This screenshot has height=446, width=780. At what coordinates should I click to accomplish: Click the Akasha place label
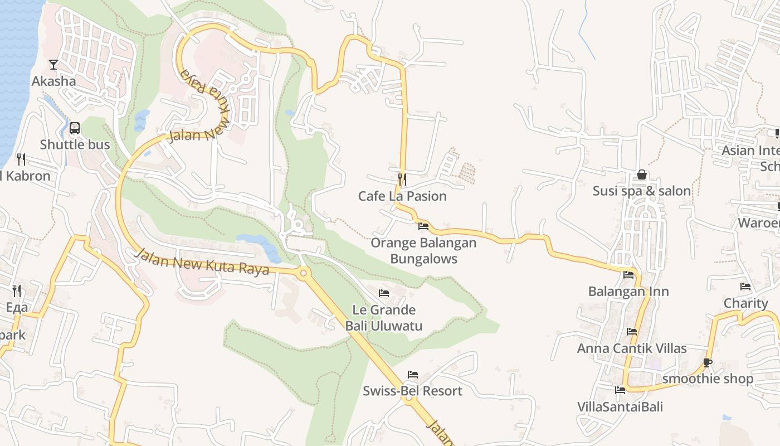coord(53,81)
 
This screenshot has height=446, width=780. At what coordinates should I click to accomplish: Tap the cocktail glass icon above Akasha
coord(53,65)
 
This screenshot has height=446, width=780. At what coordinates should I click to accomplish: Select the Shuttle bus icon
coord(75,129)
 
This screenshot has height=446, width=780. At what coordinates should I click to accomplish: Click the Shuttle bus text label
coord(75,145)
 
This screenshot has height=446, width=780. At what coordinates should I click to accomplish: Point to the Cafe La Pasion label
coord(402,196)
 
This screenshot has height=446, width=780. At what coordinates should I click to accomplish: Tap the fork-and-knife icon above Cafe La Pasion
coord(402,179)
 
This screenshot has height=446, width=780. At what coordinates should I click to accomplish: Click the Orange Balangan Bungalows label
coord(423,251)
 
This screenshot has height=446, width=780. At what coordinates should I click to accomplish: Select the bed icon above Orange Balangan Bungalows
coord(423,226)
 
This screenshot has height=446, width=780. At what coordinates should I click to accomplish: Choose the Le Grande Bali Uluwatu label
coord(384,318)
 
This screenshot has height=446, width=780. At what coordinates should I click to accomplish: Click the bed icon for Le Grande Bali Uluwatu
coord(384,293)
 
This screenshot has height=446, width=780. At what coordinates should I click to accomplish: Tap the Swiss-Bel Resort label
coord(412,391)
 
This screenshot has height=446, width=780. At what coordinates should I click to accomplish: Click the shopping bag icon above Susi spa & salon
coord(642,174)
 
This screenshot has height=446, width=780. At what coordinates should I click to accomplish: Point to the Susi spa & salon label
coord(642,191)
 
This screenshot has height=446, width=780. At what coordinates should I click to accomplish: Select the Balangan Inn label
coord(628,292)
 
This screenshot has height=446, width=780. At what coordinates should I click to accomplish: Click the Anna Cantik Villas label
coord(632,348)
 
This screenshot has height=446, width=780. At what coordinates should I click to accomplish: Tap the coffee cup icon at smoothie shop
coord(708,362)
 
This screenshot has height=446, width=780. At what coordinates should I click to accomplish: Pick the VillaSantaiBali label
coord(620,406)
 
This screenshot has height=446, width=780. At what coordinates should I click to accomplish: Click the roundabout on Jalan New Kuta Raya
coord(304,273)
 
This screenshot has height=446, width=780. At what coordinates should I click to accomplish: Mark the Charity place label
coord(745,303)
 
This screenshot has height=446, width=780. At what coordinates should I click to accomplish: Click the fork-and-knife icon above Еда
coord(17,290)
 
